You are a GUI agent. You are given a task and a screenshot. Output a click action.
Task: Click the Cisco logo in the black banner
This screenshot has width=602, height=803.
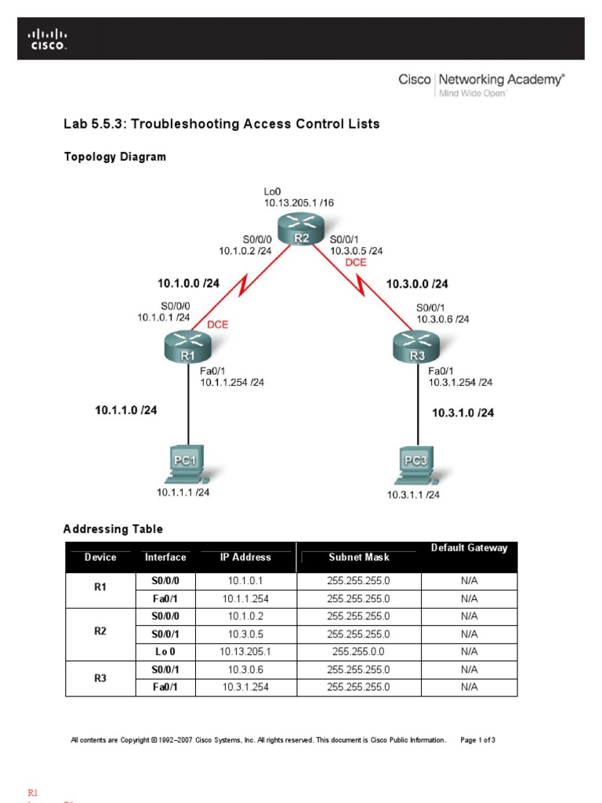[48, 40]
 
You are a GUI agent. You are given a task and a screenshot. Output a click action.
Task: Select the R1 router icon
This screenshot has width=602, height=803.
[188, 347]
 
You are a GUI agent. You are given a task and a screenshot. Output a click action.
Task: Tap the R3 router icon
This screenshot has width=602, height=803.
[415, 347]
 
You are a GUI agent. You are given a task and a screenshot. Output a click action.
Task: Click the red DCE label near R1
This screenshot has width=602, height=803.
[217, 324]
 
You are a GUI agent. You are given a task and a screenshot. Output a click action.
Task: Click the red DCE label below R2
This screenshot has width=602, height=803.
[356, 263]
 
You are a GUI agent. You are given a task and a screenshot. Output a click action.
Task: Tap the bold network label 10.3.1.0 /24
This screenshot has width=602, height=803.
[463, 412]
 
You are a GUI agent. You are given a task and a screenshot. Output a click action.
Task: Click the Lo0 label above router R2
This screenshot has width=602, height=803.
[272, 191]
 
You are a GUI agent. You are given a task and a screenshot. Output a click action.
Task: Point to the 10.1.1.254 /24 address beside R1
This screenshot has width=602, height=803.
[232, 383]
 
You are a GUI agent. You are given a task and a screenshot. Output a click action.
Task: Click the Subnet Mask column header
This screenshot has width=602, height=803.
[359, 558]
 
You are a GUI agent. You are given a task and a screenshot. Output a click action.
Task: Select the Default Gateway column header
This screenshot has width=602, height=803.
[469, 548]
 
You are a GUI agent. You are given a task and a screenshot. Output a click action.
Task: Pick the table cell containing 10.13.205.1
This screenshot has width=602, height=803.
[245, 651]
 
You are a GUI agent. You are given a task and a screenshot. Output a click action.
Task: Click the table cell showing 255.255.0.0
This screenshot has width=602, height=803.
[358, 651]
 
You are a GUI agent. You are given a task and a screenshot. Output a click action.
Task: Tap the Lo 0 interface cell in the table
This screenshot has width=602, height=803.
[165, 651]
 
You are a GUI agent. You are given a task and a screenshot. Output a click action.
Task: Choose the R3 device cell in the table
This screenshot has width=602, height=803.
[100, 678]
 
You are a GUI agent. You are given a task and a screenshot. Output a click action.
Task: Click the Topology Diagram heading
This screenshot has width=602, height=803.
[114, 157]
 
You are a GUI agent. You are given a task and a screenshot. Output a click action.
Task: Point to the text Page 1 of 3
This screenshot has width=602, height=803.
[477, 739]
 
